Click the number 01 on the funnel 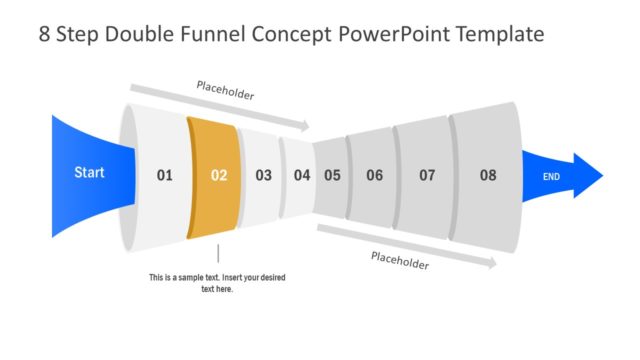click(x=165, y=176)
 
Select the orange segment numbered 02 click(x=213, y=176)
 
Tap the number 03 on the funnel click(x=263, y=176)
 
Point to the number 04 click(x=302, y=176)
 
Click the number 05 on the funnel click(x=332, y=176)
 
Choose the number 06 click(x=374, y=176)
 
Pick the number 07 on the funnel click(x=427, y=176)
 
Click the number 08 click(x=487, y=176)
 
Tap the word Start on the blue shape click(x=89, y=173)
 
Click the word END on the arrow click(x=551, y=177)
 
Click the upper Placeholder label click(x=225, y=94)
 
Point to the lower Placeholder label click(x=400, y=261)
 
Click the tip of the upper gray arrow click(x=307, y=127)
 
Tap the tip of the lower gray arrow click(x=493, y=265)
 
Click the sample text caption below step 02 click(x=217, y=283)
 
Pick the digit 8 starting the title click(x=45, y=35)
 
